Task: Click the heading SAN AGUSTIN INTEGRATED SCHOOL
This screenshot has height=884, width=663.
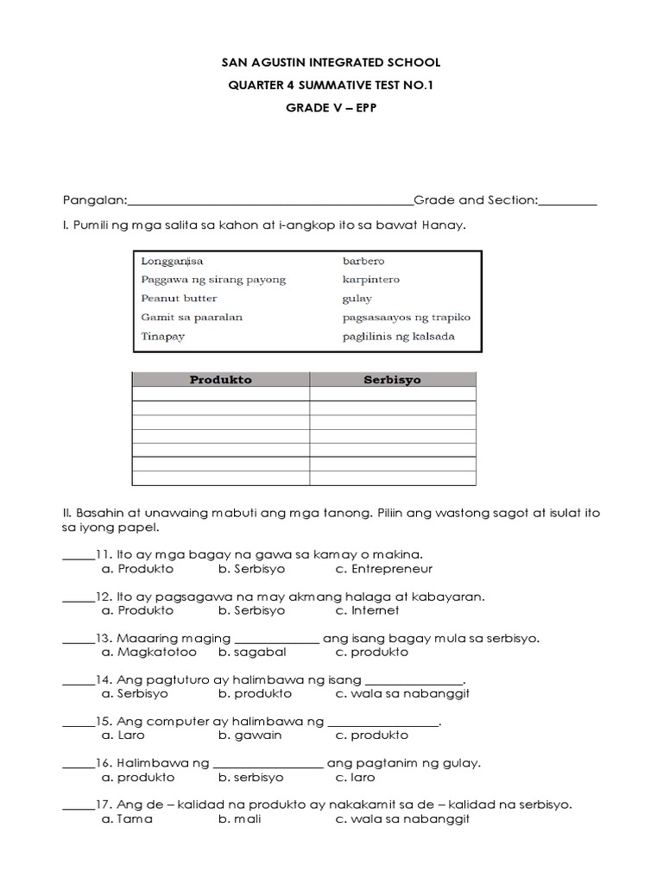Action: pos(331,63)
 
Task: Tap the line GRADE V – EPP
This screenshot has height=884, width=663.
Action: pos(331,109)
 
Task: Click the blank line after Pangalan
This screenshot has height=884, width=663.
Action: pos(270,201)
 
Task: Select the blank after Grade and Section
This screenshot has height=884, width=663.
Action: pos(567,201)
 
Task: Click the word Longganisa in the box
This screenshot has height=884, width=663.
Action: pos(172,261)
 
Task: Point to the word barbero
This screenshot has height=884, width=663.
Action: pos(363,261)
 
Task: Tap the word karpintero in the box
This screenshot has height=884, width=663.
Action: pos(371,280)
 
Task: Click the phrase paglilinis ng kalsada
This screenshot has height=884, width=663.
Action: pos(398,337)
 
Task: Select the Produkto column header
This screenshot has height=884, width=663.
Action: pos(221,380)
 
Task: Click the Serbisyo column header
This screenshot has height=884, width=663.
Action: pos(392,380)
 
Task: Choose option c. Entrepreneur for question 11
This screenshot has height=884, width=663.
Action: pos(384,569)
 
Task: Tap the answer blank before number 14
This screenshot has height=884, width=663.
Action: pos(78,680)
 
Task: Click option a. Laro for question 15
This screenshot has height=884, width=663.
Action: pos(123,736)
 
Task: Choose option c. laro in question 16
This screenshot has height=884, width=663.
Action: pos(356,777)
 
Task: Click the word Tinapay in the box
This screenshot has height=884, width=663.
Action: pos(163,337)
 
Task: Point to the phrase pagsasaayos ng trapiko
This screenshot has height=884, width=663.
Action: pos(406,317)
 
